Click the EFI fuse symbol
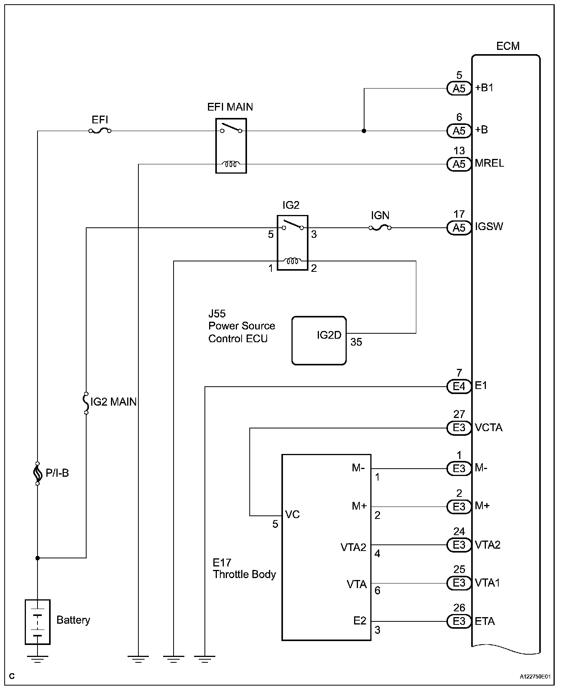[x=100, y=131]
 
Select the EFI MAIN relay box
[x=231, y=146]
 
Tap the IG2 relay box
[x=292, y=242]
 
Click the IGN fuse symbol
[x=380, y=228]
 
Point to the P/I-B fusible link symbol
[x=37, y=473]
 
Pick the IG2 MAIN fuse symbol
[x=86, y=402]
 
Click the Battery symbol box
[x=37, y=622]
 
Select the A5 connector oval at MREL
[x=459, y=164]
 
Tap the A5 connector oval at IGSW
[x=459, y=228]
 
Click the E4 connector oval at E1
[x=459, y=386]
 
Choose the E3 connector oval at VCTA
[x=459, y=428]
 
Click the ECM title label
[x=508, y=46]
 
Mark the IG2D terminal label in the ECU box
[x=329, y=335]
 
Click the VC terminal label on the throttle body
[x=292, y=515]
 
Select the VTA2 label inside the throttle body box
[x=353, y=547]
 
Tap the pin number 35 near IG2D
[x=356, y=342]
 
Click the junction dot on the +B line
[x=364, y=131]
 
